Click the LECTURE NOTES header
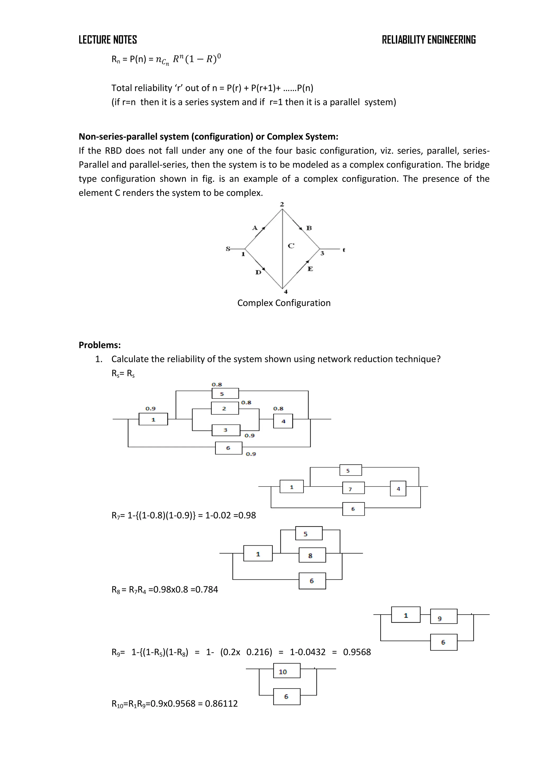pos(107,40)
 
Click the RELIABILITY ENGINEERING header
pos(428,40)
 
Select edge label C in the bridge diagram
pos(291,246)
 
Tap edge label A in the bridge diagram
pos(255,228)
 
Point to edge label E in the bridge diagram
pos(310,269)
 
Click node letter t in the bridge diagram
pos(344,250)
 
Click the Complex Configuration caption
pos(284,303)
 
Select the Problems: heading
pos(100,345)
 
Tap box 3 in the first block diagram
pos(225,430)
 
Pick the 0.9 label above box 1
pos(151,408)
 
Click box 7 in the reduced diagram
pos(353,489)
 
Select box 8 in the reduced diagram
pos(312,555)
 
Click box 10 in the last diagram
pos(286,672)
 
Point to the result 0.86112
pos(221,704)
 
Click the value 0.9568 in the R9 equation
pos(357,652)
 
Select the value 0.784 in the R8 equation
pos(207,590)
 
